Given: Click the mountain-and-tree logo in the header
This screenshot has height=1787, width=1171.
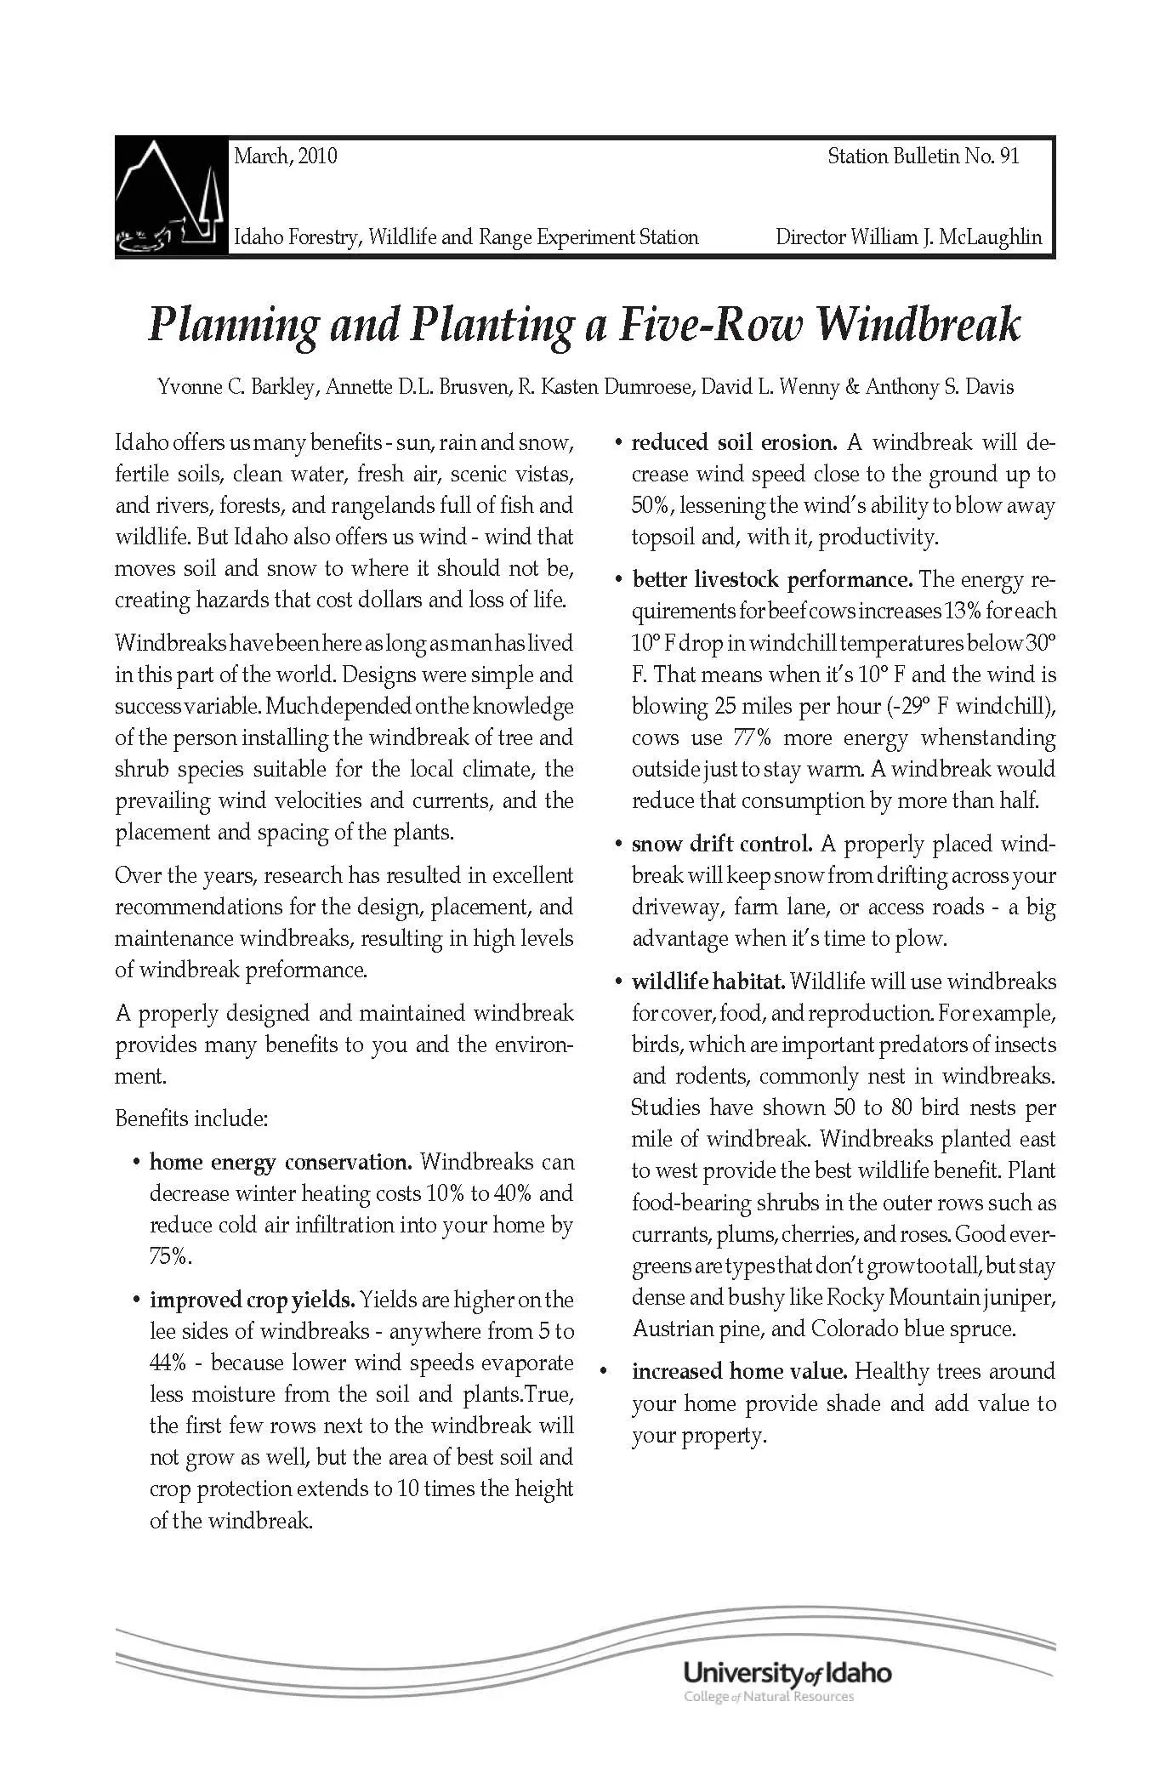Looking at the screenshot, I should click(169, 197).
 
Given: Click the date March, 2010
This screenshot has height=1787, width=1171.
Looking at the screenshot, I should click(285, 156).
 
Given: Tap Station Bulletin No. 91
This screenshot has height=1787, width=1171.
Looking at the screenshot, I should click(923, 156).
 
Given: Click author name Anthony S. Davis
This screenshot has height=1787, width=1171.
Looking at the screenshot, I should click(939, 388).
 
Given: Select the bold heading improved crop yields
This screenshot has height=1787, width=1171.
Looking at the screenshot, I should click(252, 1300).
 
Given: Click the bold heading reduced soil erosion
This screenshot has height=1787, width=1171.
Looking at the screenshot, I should click(734, 442).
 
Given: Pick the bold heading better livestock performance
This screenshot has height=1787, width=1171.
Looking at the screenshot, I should click(771, 580).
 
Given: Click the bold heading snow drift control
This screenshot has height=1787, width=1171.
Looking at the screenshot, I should click(721, 845).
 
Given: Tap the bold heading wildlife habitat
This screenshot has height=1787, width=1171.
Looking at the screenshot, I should click(708, 982).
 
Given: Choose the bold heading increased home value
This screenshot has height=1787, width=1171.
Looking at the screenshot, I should click(738, 1371).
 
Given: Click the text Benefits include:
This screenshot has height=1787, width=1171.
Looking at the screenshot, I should click(191, 1118).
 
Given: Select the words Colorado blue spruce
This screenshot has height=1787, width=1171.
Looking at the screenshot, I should click(912, 1329).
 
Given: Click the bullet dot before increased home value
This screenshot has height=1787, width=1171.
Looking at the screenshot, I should click(603, 1372).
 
